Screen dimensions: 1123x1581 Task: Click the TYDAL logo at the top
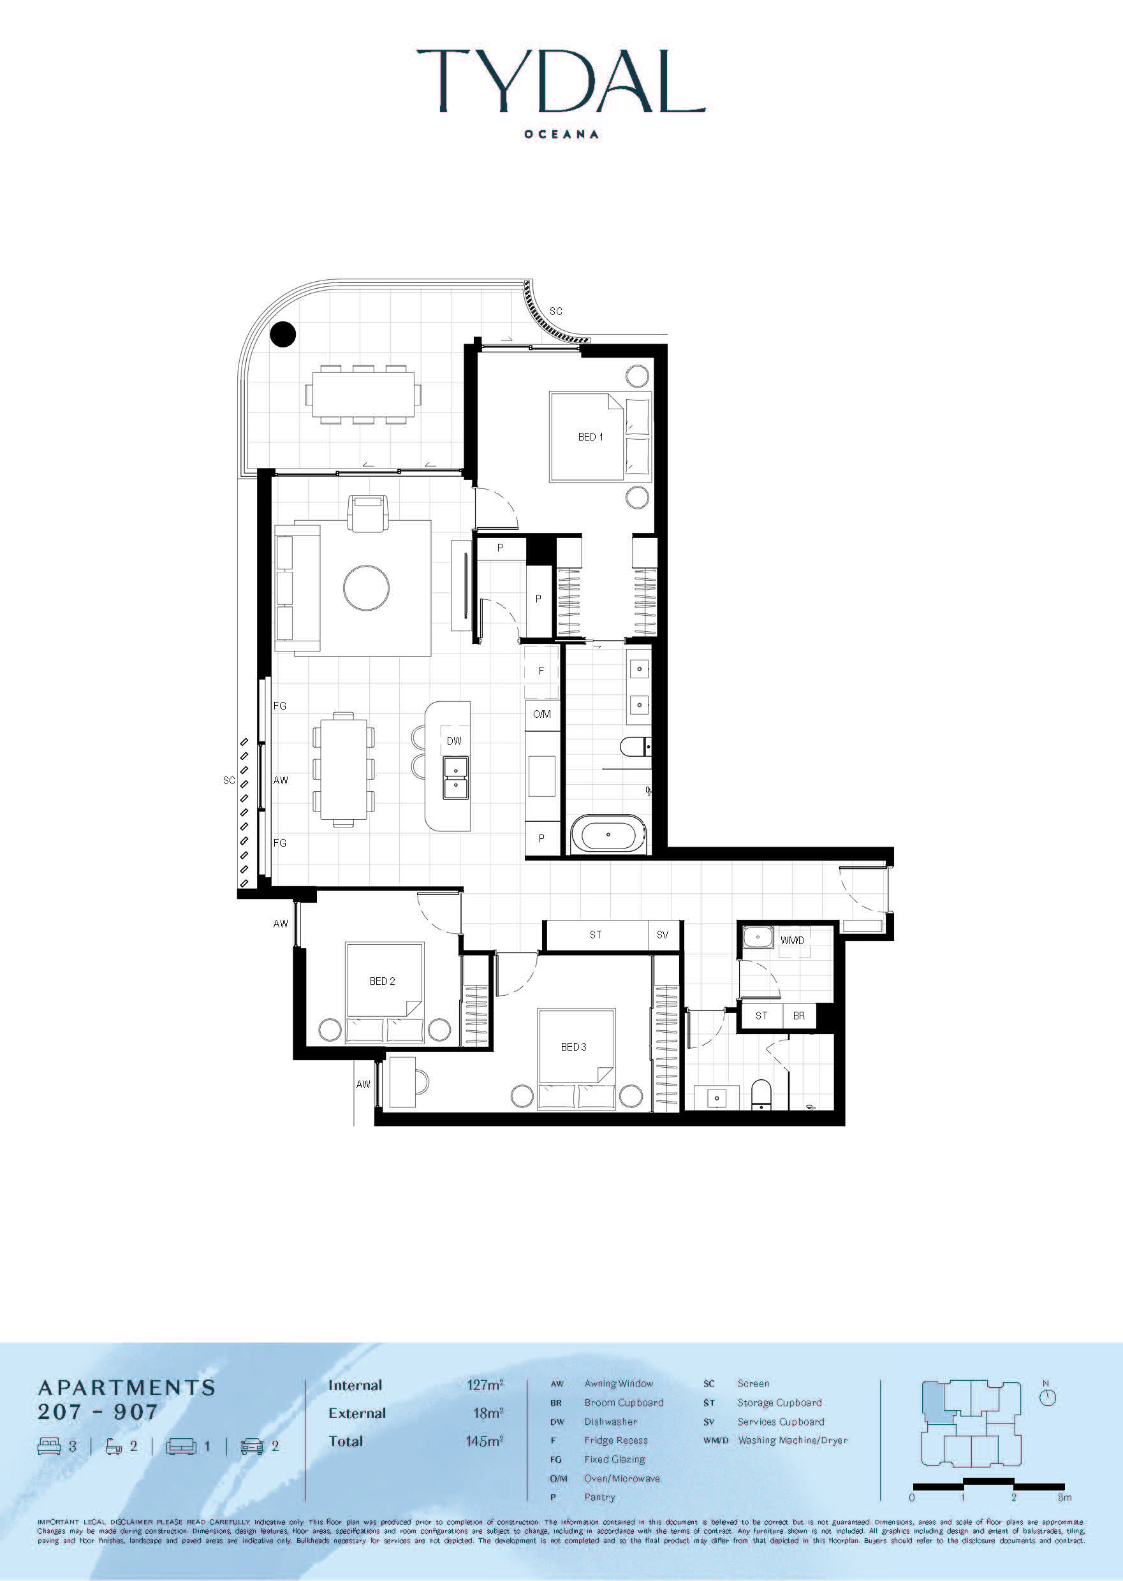[561, 81]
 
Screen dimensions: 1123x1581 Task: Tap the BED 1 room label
[591, 437]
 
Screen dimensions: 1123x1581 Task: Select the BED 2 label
[383, 981]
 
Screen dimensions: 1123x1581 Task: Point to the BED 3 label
[573, 1047]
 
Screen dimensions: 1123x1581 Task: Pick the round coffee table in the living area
[367, 588]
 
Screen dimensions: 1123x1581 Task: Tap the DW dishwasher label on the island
[453, 740]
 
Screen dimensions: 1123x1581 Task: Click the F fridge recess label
[541, 671]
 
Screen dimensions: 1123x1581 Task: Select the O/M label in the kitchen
[542, 714]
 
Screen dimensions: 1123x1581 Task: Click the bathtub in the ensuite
[608, 834]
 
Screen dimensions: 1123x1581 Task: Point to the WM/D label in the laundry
[793, 940]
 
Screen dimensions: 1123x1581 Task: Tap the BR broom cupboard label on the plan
[798, 1016]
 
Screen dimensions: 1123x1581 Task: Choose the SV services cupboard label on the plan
[663, 935]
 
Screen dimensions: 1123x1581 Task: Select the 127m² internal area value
[485, 1385]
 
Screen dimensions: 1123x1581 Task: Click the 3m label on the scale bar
[1064, 1497]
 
